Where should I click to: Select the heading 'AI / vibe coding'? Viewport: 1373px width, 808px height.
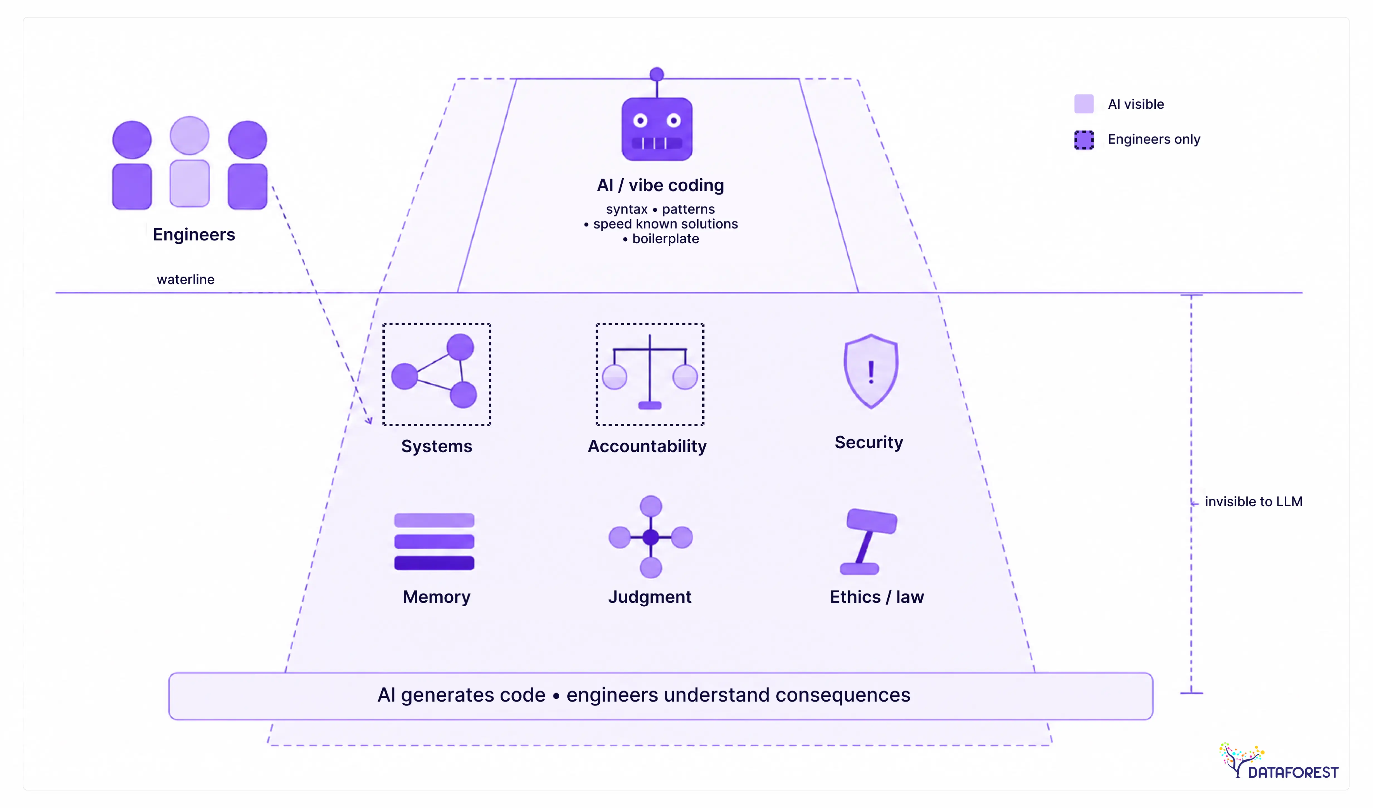[660, 185]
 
